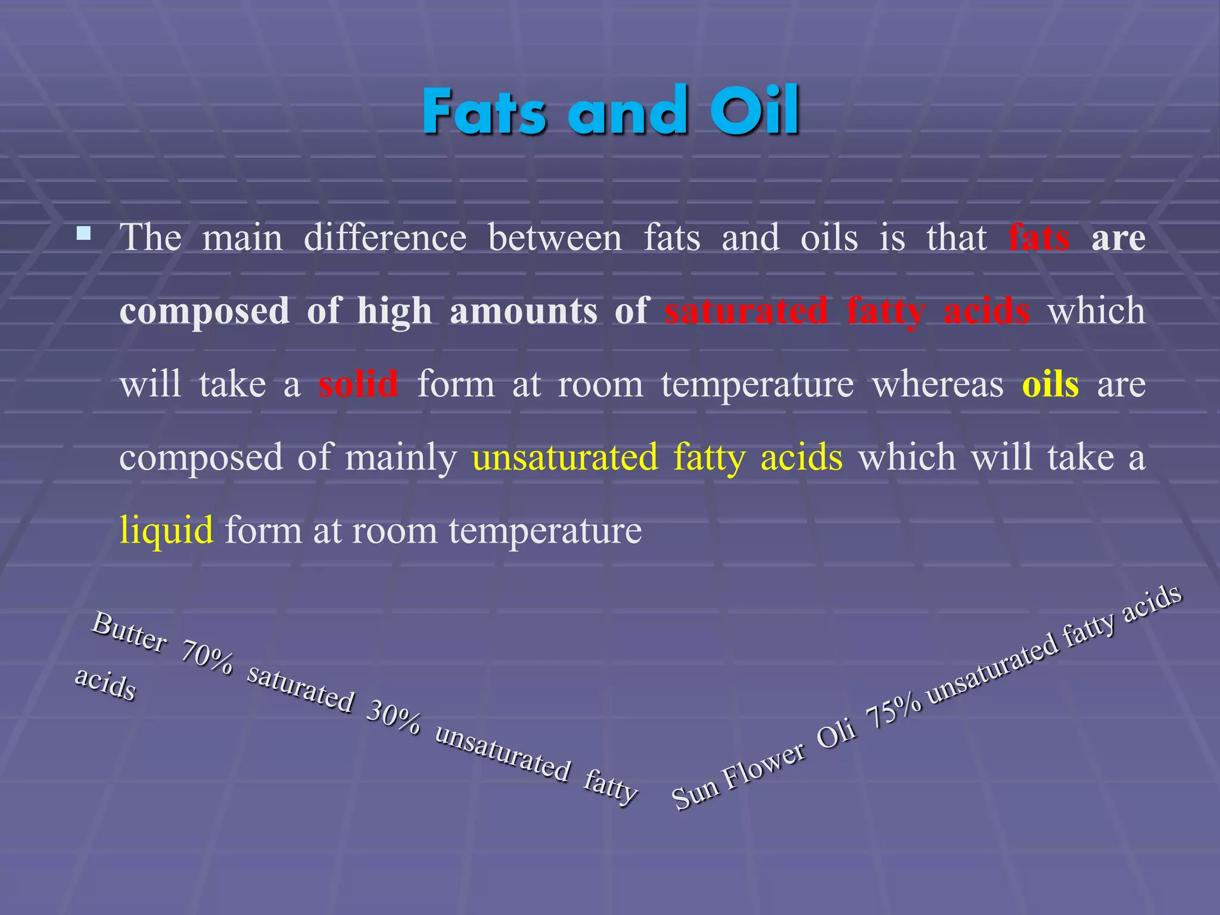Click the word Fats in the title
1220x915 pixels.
pyautogui.click(x=484, y=112)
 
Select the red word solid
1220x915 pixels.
pyautogui.click(x=358, y=384)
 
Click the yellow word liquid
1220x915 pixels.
pyautogui.click(x=166, y=530)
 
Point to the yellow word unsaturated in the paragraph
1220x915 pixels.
pyautogui.click(x=565, y=457)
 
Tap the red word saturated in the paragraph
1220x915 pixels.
pyautogui.click(x=746, y=311)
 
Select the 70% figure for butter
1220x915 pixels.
pyautogui.click(x=207, y=658)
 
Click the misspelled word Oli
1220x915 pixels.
pyautogui.click(x=836, y=737)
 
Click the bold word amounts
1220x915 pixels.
pyautogui.click(x=523, y=311)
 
